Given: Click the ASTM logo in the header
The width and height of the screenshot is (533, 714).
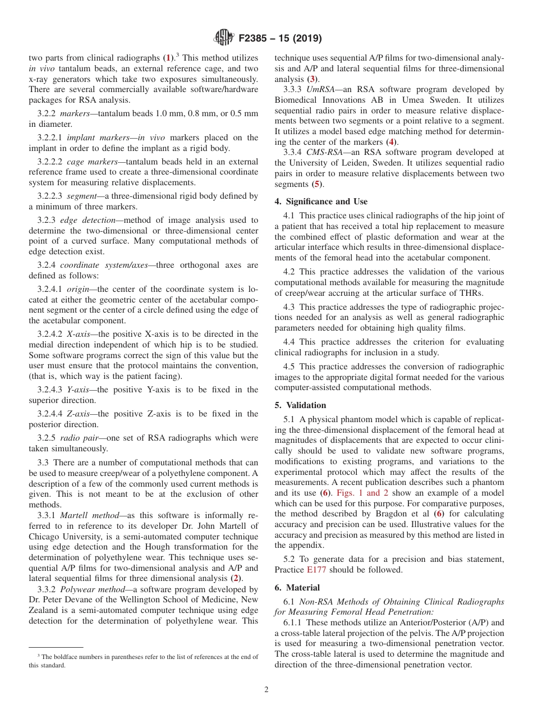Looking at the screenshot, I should tap(224, 39).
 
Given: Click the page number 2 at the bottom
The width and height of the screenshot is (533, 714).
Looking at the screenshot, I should tap(266, 690).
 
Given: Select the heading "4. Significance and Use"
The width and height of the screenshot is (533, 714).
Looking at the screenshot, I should tap(321, 202).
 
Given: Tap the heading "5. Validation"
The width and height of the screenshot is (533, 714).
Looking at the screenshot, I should tap(300, 405).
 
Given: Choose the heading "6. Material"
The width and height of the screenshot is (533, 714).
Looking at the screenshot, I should tap(297, 588).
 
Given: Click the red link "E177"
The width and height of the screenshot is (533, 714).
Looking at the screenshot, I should tap(315, 570).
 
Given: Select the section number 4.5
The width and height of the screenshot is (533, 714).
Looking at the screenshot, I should tap(288, 367).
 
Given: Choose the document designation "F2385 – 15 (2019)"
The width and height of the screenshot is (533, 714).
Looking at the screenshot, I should tap(280, 39).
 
